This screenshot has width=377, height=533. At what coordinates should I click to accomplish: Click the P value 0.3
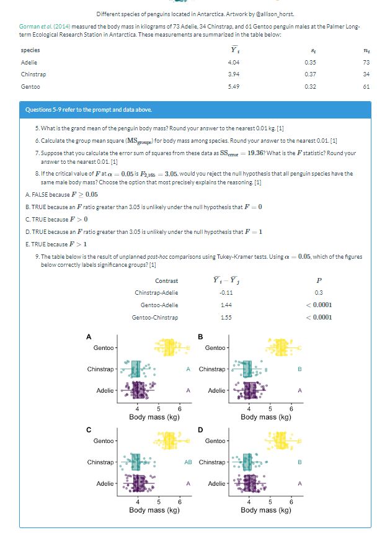[x=319, y=293]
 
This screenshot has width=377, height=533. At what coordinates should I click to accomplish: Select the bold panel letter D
[x=200, y=428]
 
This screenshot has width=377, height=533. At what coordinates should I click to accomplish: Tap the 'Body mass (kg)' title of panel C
[x=154, y=510]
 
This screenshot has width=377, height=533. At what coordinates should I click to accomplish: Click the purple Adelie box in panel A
[x=140, y=390]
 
